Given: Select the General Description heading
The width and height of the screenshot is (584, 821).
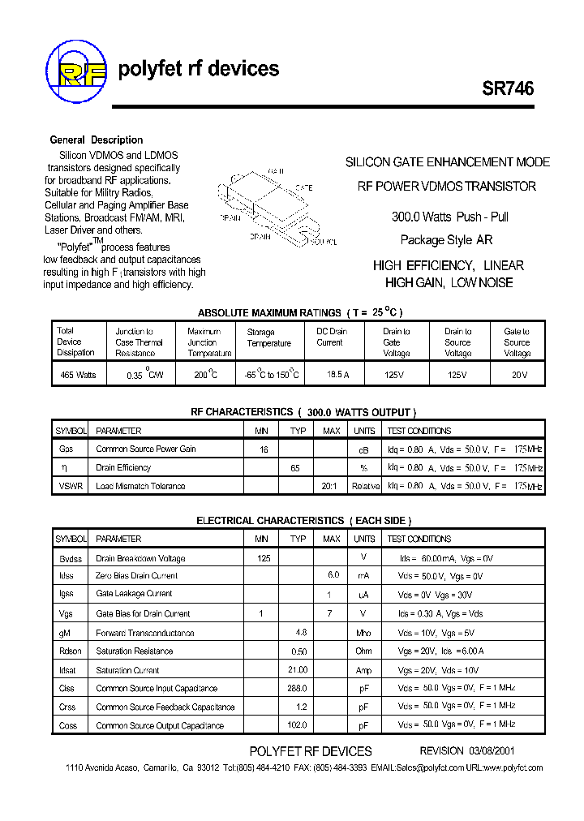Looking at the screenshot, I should [x=97, y=140].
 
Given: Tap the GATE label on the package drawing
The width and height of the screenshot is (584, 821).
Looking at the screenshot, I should [x=303, y=187].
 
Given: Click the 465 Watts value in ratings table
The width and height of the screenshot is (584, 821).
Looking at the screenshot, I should [x=78, y=375].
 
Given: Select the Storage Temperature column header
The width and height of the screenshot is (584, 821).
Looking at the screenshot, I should [x=268, y=337].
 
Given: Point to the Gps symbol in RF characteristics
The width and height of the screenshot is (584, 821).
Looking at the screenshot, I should [x=66, y=449].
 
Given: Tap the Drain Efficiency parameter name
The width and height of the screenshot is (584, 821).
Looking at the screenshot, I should [x=123, y=467].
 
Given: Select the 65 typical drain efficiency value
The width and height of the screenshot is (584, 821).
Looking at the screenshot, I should [x=295, y=467].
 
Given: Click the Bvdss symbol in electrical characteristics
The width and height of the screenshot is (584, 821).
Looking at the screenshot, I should [x=70, y=558].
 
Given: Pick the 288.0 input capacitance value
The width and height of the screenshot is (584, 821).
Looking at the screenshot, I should [x=298, y=688].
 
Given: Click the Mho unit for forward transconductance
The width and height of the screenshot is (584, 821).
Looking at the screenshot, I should [x=364, y=633].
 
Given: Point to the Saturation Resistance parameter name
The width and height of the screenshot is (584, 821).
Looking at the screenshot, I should [x=134, y=651].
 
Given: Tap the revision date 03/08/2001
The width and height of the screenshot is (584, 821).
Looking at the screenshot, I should [x=490, y=751].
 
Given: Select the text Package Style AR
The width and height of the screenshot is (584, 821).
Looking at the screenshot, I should [x=446, y=240].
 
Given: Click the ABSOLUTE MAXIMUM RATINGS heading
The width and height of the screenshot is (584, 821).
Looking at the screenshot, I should [x=270, y=313].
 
